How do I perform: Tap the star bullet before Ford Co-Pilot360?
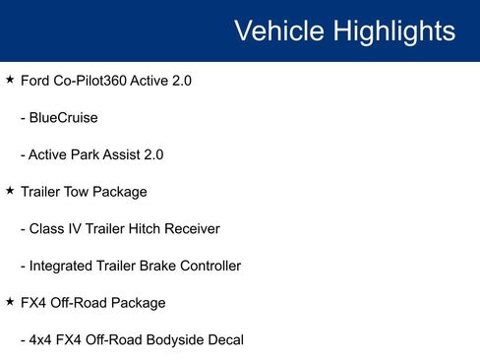10,79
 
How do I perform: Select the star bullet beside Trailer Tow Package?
10,190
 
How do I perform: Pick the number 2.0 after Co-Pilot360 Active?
179,80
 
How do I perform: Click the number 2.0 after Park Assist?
151,154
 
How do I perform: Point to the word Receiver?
193,228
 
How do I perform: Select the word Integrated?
60,266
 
